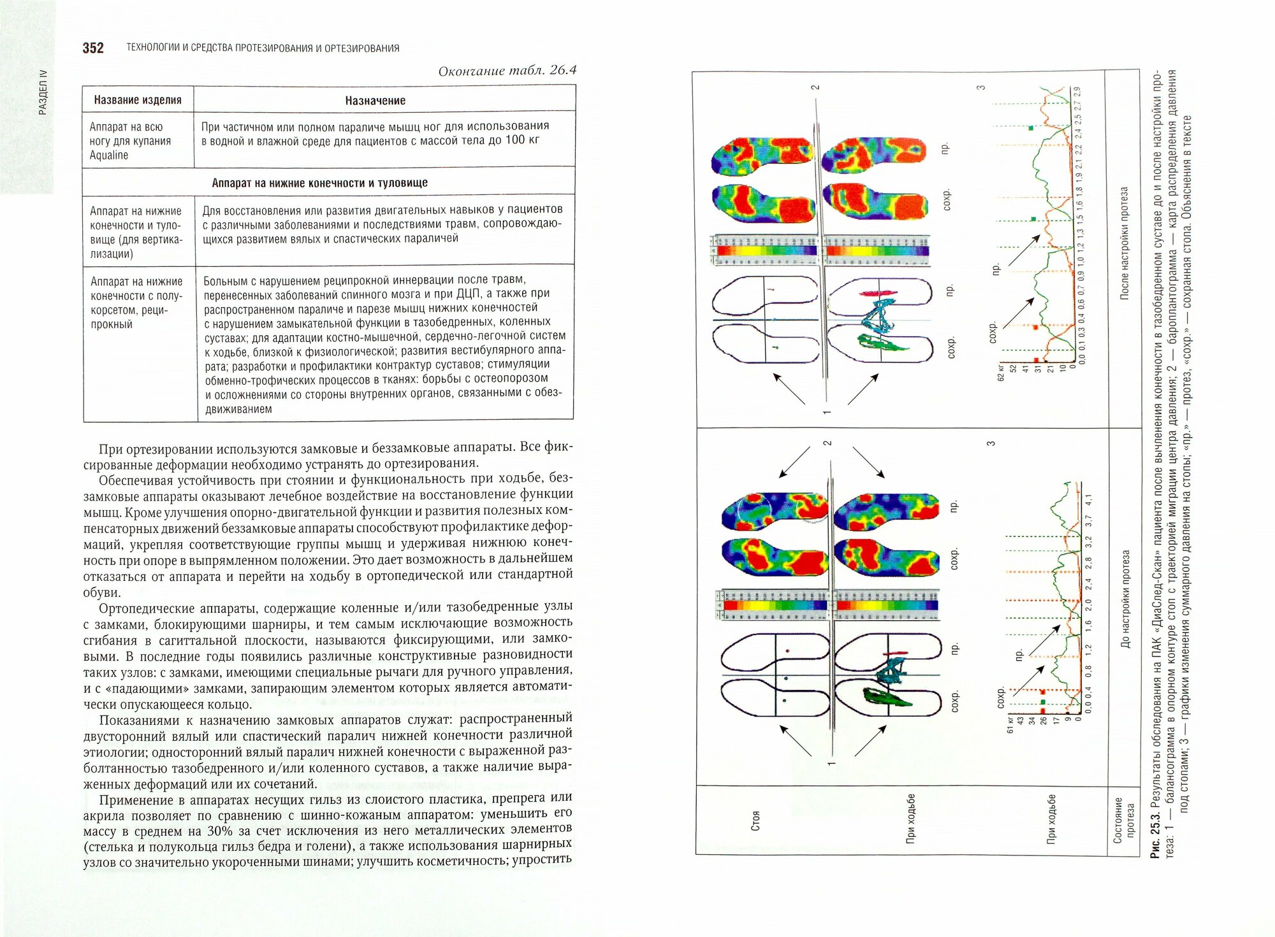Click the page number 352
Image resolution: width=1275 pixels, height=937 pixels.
(93, 48)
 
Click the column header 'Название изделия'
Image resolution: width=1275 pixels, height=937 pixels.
(138, 100)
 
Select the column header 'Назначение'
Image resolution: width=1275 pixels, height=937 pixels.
(375, 101)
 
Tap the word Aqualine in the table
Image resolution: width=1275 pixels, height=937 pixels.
(109, 155)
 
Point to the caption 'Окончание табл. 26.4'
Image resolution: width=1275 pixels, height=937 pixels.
(507, 71)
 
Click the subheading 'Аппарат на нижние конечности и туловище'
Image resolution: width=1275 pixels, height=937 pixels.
(319, 183)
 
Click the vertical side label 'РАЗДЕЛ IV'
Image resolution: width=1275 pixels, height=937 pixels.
(43, 92)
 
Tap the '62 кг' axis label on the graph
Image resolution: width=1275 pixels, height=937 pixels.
(1002, 373)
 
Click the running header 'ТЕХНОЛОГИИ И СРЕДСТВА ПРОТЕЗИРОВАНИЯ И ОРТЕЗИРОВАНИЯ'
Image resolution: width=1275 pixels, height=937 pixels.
(263, 48)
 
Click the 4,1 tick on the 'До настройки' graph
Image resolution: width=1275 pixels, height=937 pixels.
(1088, 500)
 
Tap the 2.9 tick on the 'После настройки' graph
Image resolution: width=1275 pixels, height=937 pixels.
(1077, 92)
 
